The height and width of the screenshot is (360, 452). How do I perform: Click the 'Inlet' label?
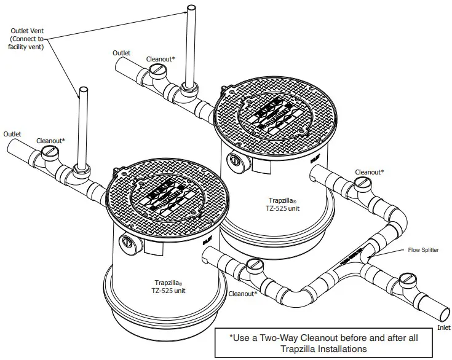(x=443, y=328)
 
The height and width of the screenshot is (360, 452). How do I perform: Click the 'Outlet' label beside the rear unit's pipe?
(x=121, y=53)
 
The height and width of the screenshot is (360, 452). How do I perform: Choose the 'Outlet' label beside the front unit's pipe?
(x=12, y=134)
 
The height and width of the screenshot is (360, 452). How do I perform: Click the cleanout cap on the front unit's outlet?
(x=50, y=157)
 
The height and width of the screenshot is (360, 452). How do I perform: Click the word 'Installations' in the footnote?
(x=340, y=348)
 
